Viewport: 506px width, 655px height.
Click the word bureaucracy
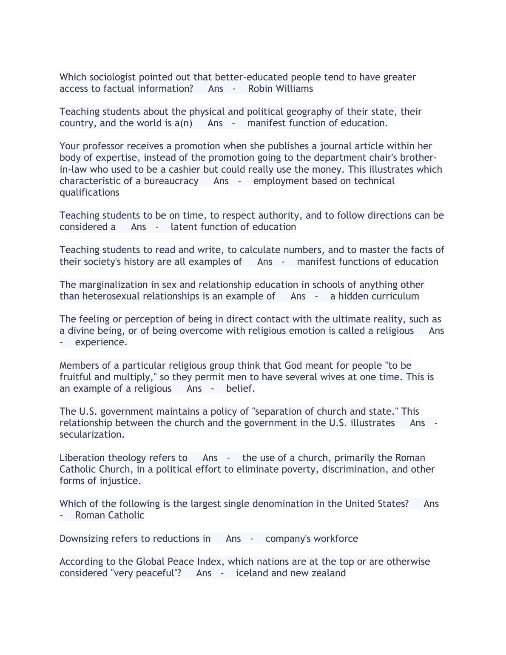pyautogui.click(x=171, y=181)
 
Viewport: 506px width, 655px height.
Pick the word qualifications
pyautogui.click(x=89, y=192)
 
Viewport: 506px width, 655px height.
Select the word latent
pyautogui.click(x=184, y=227)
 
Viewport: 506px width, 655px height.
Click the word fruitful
pyautogui.click(x=75, y=377)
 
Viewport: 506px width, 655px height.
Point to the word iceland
pyautogui.click(x=252, y=573)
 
